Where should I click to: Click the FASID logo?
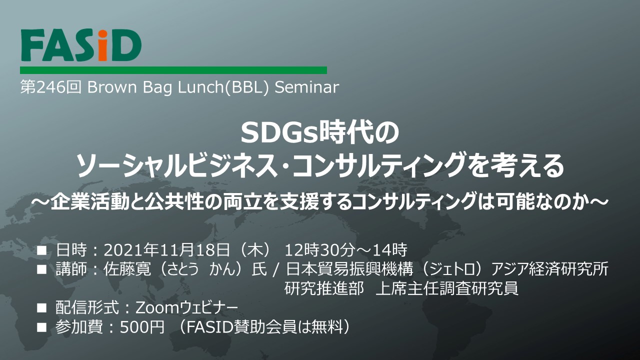click(81, 45)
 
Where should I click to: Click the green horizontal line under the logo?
click(173, 70)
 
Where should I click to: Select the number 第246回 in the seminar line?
click(51, 87)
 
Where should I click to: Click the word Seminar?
click(307, 87)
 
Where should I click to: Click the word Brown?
click(112, 87)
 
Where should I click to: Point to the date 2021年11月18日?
click(166, 250)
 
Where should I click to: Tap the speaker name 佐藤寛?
click(127, 269)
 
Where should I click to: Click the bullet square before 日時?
click(41, 251)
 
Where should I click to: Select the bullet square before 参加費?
click(41, 327)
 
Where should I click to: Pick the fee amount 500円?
click(142, 327)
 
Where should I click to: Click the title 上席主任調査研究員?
click(447, 289)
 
